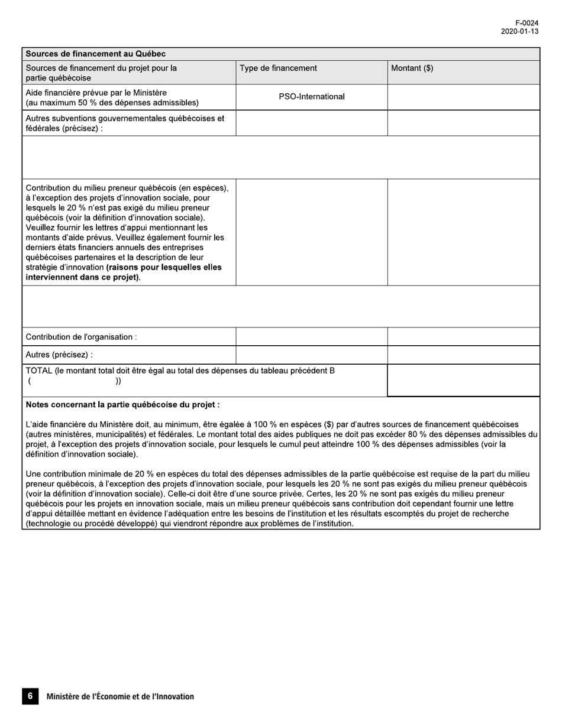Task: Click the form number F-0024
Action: (x=527, y=23)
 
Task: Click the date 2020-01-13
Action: (x=519, y=32)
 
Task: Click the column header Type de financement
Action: (x=278, y=68)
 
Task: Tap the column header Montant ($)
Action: (x=412, y=68)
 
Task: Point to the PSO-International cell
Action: (x=312, y=97)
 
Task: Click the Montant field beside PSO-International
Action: (x=463, y=97)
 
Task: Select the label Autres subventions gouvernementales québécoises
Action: (x=125, y=118)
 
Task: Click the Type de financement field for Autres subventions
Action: (x=312, y=123)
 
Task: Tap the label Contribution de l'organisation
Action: (x=82, y=337)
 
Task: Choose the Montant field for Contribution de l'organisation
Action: (x=463, y=337)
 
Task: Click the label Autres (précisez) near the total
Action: (x=59, y=355)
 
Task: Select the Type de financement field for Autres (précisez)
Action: (x=312, y=355)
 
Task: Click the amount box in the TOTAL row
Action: (x=463, y=380)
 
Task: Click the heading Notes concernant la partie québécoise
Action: (x=123, y=405)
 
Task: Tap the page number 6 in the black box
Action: (x=30, y=696)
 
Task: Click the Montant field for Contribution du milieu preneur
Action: (x=463, y=232)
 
